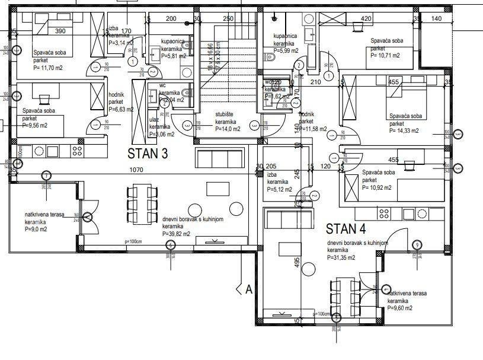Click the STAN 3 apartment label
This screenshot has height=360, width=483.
click(x=148, y=154)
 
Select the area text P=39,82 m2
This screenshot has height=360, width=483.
click(x=176, y=234)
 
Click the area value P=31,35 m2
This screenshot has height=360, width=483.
click(x=341, y=258)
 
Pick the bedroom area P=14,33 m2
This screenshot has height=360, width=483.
click(x=404, y=130)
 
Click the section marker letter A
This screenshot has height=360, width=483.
click(x=248, y=289)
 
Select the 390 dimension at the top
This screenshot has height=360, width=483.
click(x=60, y=31)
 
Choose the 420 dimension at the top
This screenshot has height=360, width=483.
click(x=366, y=18)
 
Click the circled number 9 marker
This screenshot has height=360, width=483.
click(x=417, y=244)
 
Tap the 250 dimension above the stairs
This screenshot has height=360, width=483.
click(x=228, y=18)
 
